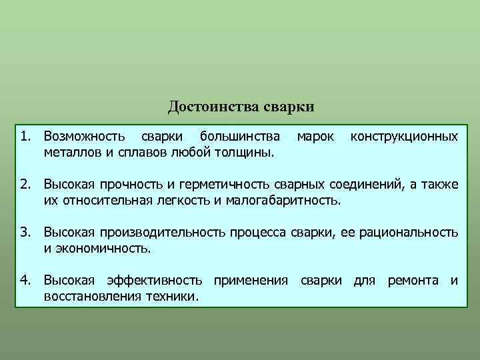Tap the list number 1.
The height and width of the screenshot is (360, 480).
point(24,137)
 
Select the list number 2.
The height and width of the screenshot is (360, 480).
point(24,183)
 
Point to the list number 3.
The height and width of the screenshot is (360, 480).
point(24,232)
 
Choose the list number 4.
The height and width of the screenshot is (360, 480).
point(24,281)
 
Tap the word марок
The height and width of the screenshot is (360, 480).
point(315,137)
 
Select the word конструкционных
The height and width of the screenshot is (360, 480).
point(404,137)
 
